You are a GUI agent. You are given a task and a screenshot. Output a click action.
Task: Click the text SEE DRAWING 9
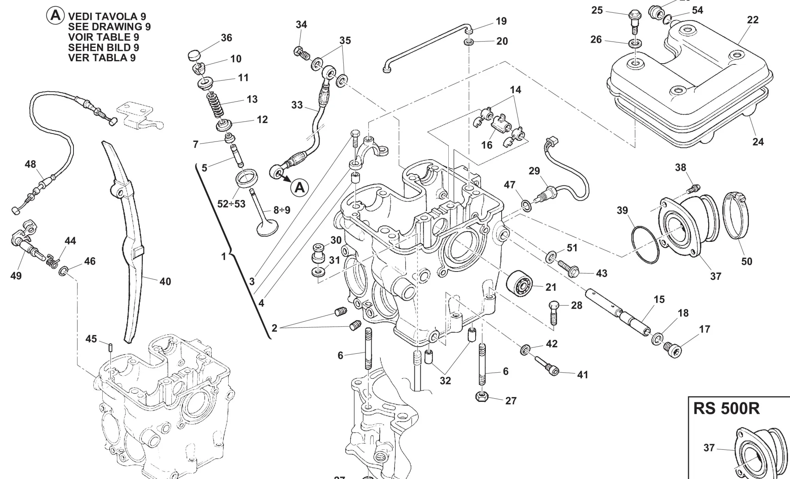(109, 27)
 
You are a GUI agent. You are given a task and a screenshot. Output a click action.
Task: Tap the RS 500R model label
(726, 409)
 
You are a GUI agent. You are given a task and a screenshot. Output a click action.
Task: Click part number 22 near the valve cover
(753, 20)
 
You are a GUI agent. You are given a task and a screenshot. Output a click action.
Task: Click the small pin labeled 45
(111, 348)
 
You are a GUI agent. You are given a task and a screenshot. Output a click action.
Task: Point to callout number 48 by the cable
(30, 164)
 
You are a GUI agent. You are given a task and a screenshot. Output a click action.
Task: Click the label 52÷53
(231, 204)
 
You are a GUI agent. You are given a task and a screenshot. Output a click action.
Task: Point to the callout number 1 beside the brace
(224, 256)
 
